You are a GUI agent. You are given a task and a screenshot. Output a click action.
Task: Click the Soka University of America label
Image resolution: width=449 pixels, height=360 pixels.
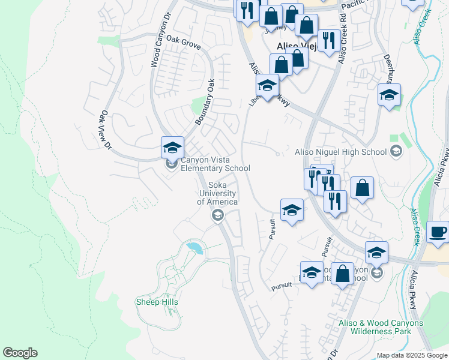pos(217,193)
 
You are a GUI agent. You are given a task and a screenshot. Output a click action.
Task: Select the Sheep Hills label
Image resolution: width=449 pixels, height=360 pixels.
pos(157,302)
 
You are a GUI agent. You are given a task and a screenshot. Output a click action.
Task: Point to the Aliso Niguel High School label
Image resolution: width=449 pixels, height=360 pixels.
pos(340,152)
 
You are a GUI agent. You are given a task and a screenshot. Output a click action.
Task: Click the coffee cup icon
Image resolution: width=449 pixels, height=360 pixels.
pos(438,232)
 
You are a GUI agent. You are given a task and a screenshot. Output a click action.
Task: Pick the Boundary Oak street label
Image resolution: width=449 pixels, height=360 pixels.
pos(205,103)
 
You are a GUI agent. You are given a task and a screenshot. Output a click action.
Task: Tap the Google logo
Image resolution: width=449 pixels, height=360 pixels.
pos(20,353)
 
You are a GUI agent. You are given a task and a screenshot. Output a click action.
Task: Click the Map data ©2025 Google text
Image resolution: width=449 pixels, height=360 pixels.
pos(412,355)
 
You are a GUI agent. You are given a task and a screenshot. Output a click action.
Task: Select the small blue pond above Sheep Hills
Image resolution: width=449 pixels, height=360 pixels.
pos(193,246)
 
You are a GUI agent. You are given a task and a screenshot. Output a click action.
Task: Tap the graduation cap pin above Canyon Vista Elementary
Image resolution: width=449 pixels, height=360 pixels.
pos(172,147)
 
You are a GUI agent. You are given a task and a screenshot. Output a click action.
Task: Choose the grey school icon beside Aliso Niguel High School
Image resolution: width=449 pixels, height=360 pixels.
pos(396,152)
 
